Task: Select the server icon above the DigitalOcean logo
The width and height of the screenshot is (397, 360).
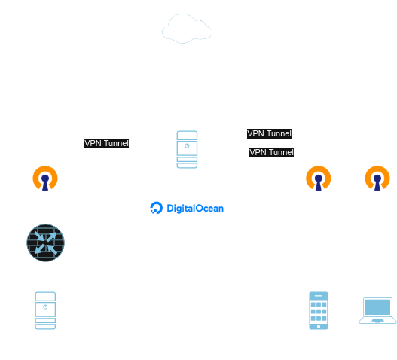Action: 187,149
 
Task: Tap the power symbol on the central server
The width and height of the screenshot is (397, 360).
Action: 187,146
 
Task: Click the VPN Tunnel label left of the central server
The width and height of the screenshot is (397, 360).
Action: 106,143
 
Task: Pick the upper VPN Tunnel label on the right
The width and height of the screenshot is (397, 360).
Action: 269,133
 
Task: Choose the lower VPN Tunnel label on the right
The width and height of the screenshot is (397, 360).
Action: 271,152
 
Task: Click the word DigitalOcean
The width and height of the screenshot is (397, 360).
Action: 195,209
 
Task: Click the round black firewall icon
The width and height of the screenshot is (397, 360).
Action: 45,243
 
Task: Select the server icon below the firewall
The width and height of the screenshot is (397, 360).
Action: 45,310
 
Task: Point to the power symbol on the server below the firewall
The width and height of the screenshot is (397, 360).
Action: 45,307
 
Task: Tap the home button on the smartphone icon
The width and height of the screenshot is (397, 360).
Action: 319,327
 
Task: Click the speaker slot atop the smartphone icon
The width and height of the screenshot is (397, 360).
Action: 319,296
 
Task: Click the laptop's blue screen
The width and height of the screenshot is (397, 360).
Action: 377,307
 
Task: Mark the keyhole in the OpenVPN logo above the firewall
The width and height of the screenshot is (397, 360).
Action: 45,182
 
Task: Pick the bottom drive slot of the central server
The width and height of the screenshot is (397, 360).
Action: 187,166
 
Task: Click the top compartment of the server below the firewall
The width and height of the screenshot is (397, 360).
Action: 45,297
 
